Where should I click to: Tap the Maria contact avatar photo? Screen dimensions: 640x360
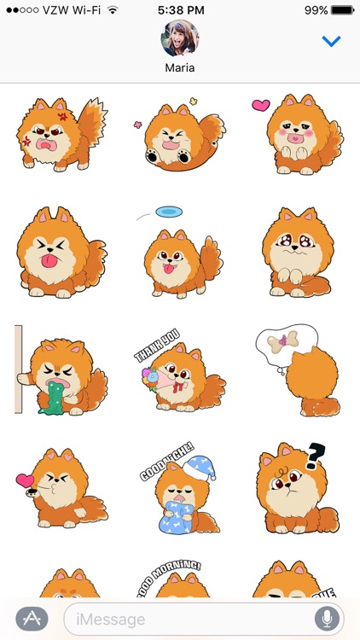180,38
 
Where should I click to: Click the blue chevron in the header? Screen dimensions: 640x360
331,41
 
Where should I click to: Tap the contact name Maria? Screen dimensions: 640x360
180,68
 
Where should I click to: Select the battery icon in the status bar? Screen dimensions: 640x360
343,9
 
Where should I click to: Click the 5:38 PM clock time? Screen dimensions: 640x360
180,9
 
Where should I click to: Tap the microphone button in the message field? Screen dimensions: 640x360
326,618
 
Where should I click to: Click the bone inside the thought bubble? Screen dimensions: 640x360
282,341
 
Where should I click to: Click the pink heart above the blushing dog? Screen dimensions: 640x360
260,106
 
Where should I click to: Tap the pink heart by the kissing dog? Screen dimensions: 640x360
25,480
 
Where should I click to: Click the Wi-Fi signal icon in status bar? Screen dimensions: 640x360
113,9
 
